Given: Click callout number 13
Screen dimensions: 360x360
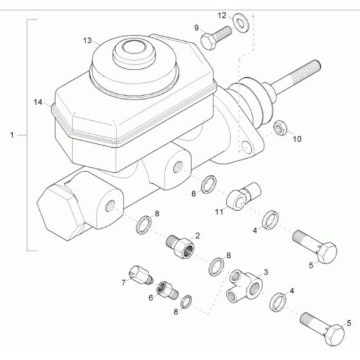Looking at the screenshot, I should [x=88, y=40].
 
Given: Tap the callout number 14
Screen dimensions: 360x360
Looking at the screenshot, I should [x=38, y=102].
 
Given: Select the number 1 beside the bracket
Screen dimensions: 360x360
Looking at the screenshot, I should [x=12, y=135].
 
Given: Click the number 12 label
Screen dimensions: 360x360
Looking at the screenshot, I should [x=221, y=15].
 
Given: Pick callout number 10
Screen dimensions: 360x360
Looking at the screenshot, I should [x=296, y=138].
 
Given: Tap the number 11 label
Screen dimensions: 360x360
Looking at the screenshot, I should [x=219, y=210].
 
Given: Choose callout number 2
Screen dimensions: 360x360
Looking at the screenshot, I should [x=197, y=235].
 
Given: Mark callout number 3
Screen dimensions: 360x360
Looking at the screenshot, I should [x=265, y=273].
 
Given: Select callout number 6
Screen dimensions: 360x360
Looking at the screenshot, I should [x=151, y=298].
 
